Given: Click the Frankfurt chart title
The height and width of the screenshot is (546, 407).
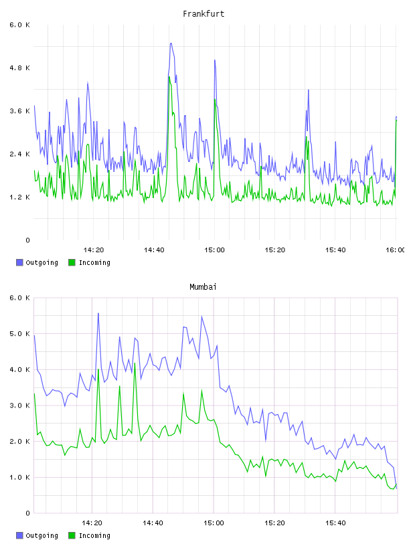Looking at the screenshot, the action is (203, 14).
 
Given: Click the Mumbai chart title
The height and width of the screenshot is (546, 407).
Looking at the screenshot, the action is (203, 287).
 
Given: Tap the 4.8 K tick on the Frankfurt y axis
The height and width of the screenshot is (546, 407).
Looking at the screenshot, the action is (20, 68).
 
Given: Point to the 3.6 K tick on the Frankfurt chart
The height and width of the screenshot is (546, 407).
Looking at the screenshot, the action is (20, 111).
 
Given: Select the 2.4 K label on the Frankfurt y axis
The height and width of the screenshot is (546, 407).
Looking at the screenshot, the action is (20, 155).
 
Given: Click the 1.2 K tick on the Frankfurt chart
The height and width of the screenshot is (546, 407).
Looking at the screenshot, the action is (20, 197).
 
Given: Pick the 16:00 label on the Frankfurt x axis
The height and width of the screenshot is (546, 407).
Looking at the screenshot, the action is (395, 250).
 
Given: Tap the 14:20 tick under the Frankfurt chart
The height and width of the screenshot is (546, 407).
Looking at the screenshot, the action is (94, 250).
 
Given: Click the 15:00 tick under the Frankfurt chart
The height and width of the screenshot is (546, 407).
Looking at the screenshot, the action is (215, 250).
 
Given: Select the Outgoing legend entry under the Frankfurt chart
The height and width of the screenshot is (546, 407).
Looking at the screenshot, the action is (37, 262).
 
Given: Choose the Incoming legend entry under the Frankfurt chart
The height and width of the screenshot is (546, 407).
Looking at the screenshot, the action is (90, 262).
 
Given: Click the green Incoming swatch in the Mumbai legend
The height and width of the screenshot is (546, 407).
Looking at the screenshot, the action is (72, 535).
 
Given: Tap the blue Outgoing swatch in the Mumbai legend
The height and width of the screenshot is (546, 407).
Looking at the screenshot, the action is (19, 535).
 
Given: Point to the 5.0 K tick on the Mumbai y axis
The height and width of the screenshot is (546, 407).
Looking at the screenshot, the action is (20, 334).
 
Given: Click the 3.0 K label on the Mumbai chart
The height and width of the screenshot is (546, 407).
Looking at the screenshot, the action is (20, 405).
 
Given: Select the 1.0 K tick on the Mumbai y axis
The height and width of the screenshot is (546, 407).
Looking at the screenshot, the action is (20, 477).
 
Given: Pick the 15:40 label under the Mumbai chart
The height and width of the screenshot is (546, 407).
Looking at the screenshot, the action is (335, 523).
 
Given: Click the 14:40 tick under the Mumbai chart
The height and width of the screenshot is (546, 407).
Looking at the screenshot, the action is (153, 523).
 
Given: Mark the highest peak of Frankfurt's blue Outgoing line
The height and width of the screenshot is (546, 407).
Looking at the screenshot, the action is (171, 43).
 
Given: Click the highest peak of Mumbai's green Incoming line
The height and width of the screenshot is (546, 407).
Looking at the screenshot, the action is (135, 363).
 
